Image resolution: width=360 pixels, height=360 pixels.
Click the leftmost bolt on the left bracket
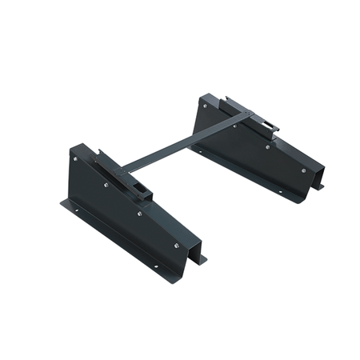click(x=76, y=159)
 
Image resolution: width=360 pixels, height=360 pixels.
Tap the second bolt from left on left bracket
click(x=106, y=186)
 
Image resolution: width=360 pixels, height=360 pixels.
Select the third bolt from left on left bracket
click(x=139, y=214)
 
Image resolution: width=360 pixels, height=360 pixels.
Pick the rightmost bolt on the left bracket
click(x=175, y=246)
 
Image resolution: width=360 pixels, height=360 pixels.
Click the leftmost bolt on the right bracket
click(x=206, y=105)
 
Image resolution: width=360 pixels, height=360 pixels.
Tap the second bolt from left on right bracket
click(x=234, y=125)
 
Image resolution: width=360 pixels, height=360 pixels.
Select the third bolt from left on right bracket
click(x=267, y=146)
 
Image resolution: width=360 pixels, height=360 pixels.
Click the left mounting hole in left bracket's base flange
click(x=77, y=210)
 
